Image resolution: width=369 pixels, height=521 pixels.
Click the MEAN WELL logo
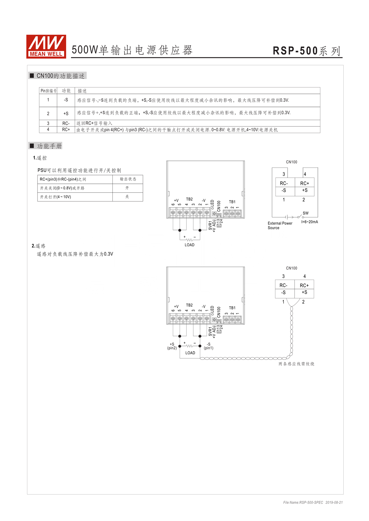click(46, 47)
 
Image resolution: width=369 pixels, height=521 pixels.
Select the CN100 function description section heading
click(57, 76)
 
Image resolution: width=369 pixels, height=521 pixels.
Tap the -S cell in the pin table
click(66, 100)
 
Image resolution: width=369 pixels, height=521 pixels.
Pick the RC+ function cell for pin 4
click(66, 130)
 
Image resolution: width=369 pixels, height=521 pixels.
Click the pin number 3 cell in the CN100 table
click(48, 123)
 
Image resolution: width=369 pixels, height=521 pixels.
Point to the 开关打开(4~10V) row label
click(55, 197)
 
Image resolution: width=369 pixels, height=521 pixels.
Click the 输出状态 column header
click(128, 179)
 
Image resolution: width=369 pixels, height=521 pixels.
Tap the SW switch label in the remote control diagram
click(305, 213)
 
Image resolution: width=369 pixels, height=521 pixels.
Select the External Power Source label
click(280, 225)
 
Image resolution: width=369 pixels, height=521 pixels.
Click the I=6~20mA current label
click(310, 222)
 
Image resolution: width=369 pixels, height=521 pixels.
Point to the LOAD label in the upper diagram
click(190, 245)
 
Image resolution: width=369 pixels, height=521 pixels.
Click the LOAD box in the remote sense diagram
click(190, 353)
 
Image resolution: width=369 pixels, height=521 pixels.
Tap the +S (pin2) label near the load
click(172, 346)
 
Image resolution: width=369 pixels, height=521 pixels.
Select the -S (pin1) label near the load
click(208, 346)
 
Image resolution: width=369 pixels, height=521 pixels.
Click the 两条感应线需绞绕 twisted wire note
click(296, 364)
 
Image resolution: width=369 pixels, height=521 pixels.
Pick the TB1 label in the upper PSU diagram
click(232, 202)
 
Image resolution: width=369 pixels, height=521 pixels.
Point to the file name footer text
click(313, 502)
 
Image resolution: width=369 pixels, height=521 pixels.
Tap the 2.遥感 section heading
click(39, 246)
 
